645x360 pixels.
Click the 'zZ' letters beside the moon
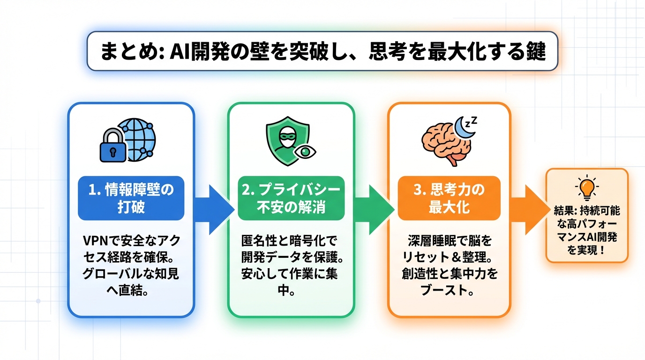tap(472, 120)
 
